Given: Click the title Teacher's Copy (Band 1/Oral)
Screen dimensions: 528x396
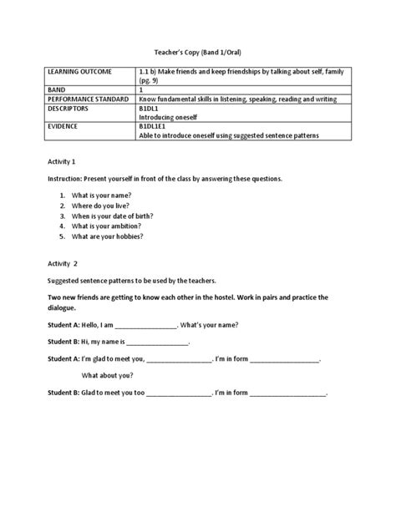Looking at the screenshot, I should [197, 50].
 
